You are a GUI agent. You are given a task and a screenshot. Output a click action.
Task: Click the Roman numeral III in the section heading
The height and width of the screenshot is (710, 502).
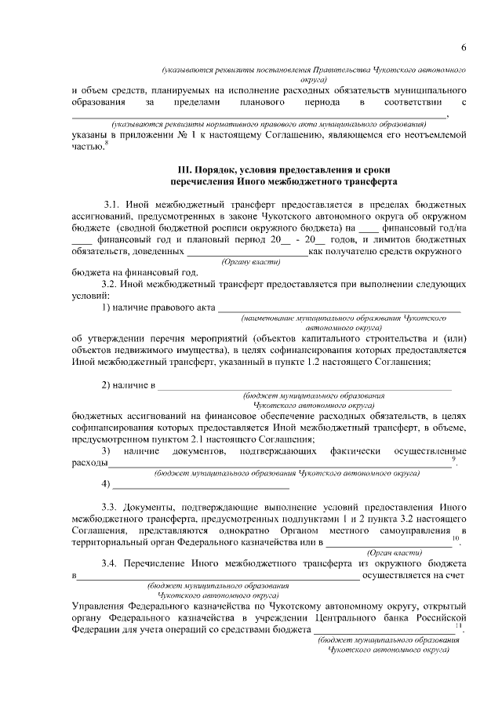click(x=185, y=169)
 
